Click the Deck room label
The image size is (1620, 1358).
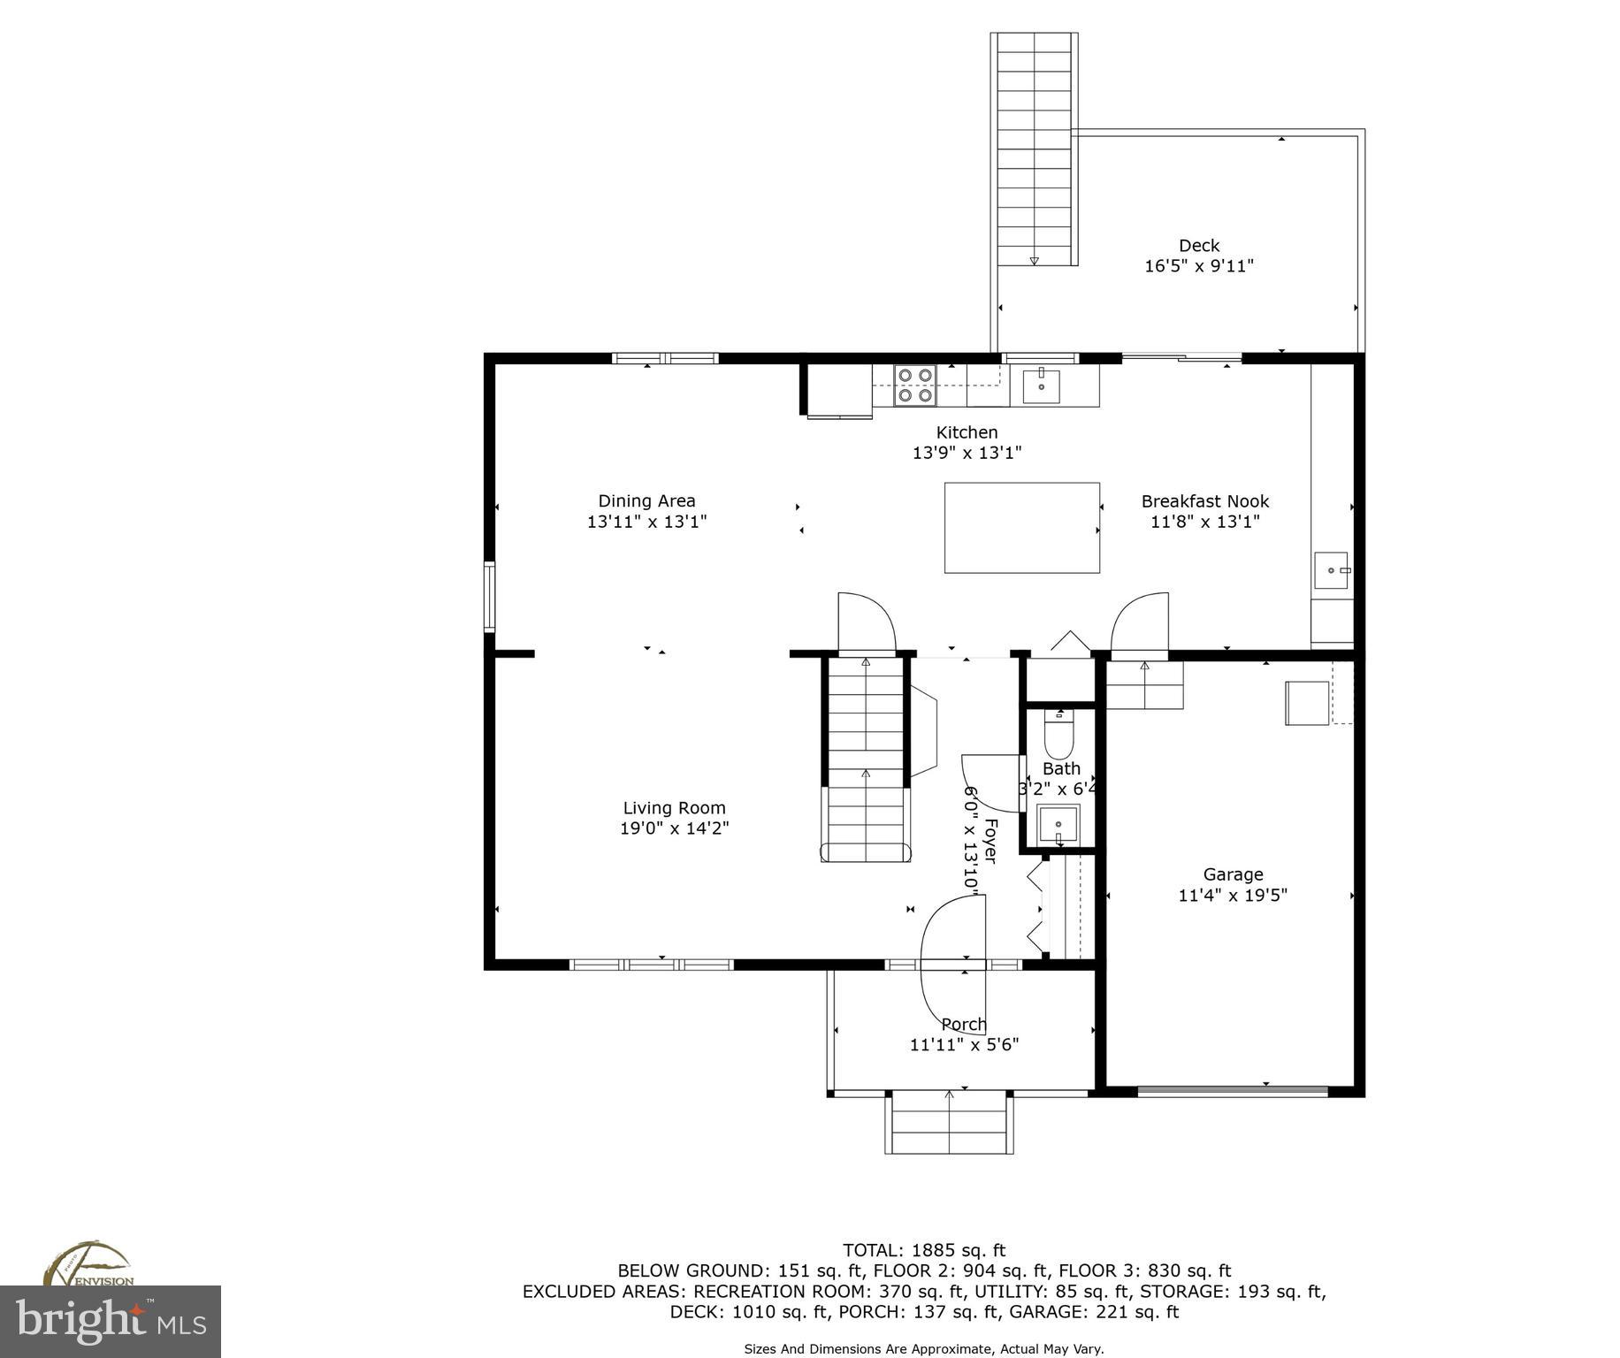tap(1198, 246)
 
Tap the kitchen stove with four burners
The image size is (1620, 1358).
tap(914, 385)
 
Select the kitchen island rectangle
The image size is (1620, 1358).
tap(1021, 528)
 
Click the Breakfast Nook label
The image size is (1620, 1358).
tap(1204, 501)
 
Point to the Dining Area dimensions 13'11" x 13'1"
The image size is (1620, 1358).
tap(646, 522)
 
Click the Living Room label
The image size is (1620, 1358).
tap(674, 807)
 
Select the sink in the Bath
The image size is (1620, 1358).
tap(1058, 824)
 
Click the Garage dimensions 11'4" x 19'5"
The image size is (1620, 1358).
tap(1232, 895)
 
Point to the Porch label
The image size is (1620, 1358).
tap(963, 1024)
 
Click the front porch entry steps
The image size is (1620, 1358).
tap(949, 1123)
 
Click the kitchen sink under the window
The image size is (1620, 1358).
tap(1042, 386)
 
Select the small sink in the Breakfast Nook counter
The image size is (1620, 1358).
tap(1331, 570)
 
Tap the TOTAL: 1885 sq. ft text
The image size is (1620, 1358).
tap(923, 1250)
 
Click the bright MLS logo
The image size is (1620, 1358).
tap(111, 1322)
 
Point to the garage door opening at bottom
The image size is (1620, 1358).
tap(1232, 1091)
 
